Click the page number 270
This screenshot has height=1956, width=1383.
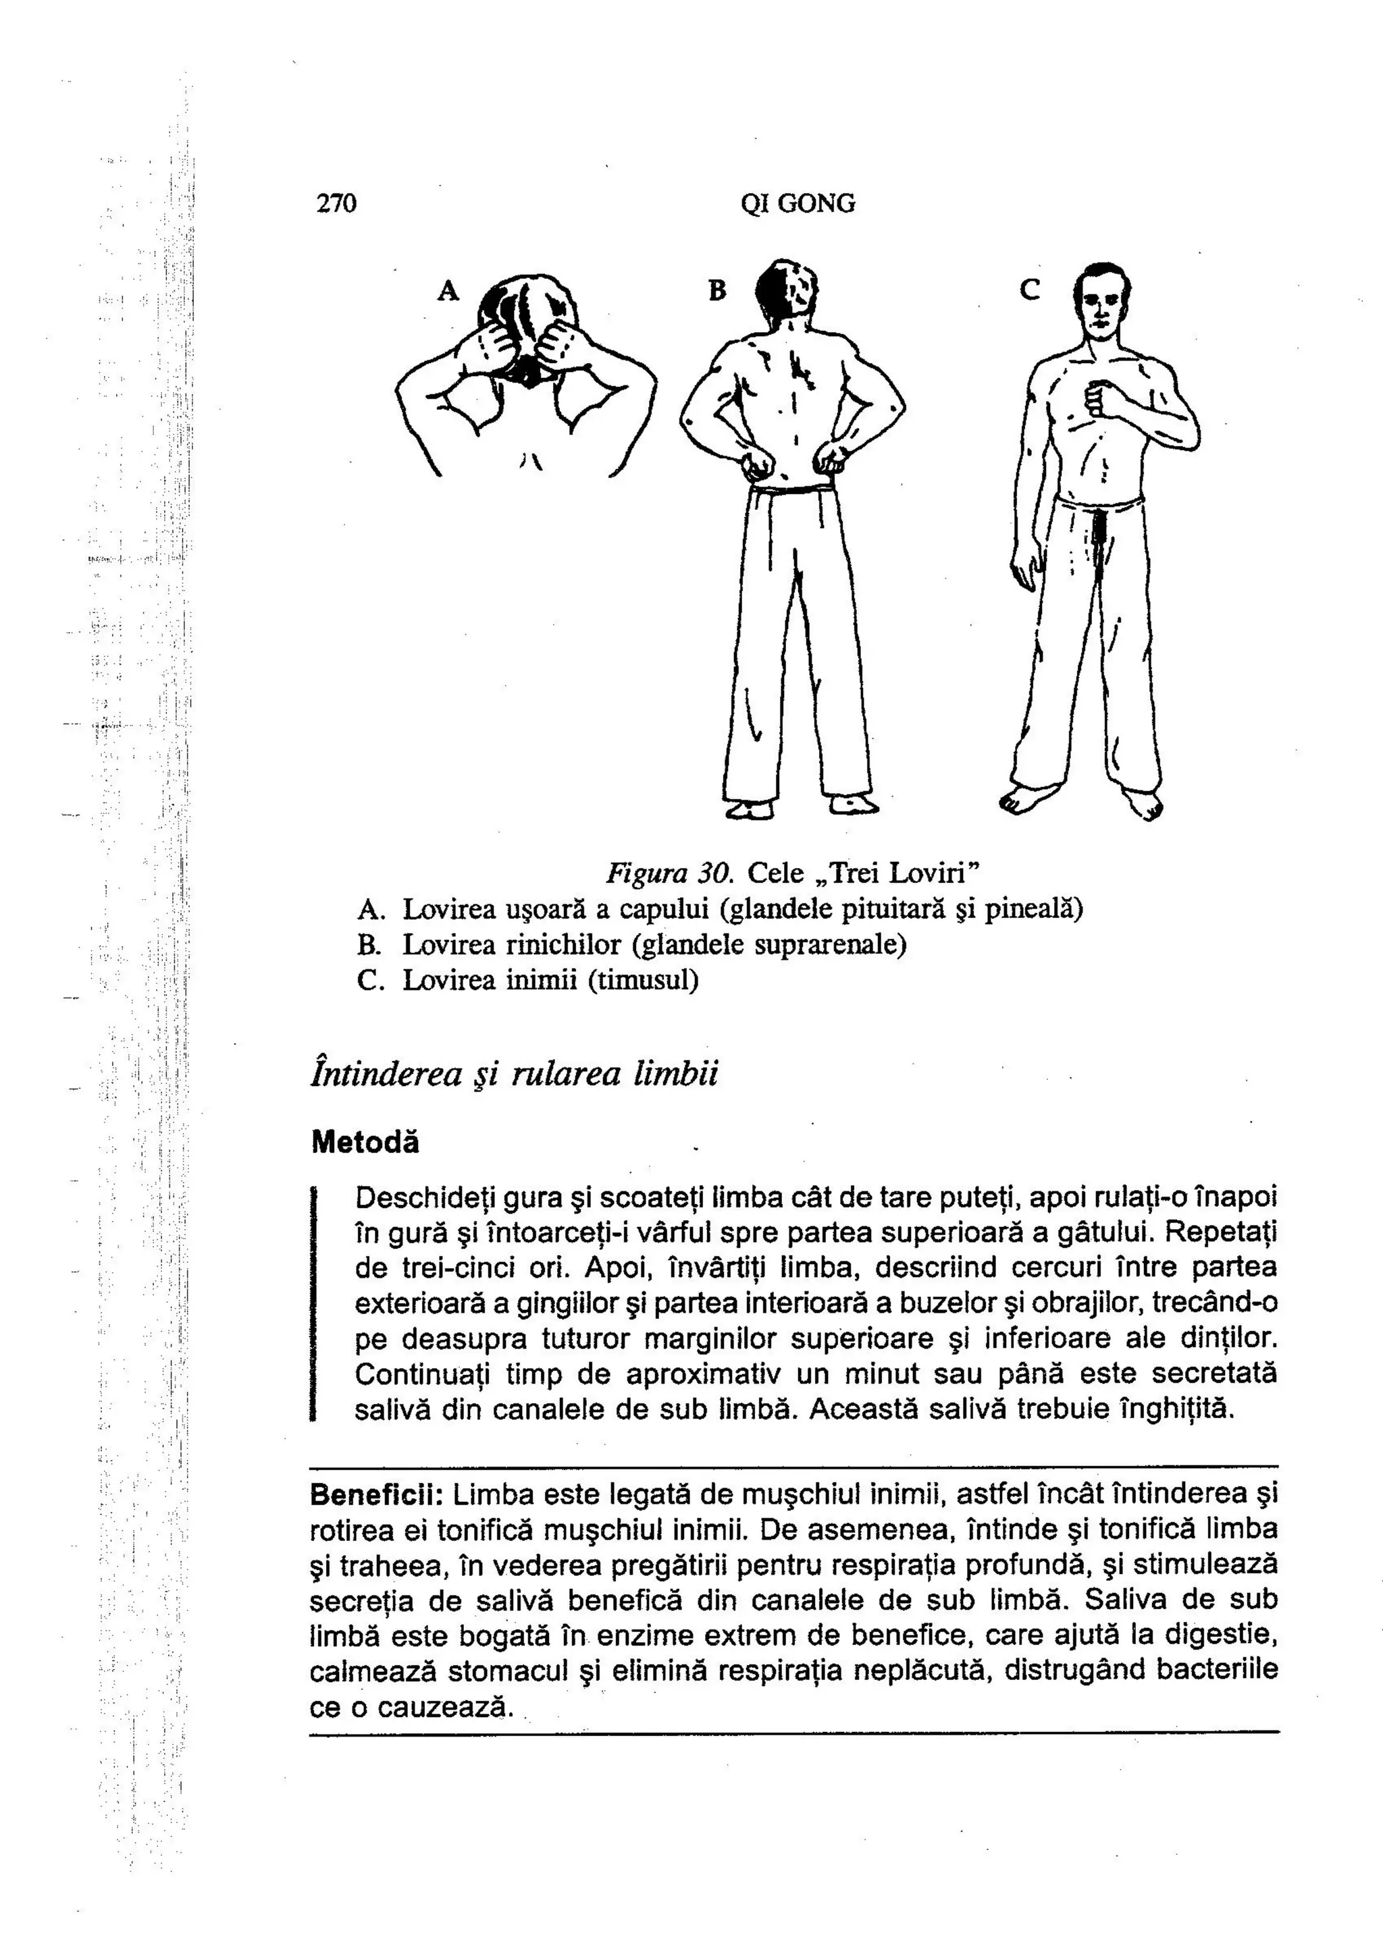pos(336,204)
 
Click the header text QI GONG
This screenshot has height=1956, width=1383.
pos(798,204)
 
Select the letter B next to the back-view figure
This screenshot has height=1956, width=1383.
pos(717,292)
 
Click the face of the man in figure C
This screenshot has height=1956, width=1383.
pos(1100,304)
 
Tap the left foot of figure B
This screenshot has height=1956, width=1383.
pos(750,808)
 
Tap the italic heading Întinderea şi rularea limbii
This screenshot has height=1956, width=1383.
pos(515,1072)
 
